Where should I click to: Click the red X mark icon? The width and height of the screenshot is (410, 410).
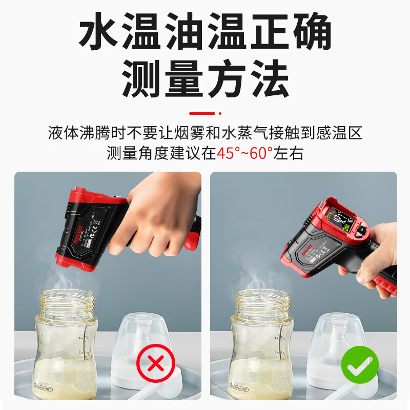tap(156, 364)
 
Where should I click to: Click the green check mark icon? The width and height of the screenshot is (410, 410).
tap(360, 365)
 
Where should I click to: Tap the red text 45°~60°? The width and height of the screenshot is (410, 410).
tap(245, 153)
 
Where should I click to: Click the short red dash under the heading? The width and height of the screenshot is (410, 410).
tap(201, 113)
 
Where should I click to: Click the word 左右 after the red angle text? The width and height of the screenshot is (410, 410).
tap(289, 153)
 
